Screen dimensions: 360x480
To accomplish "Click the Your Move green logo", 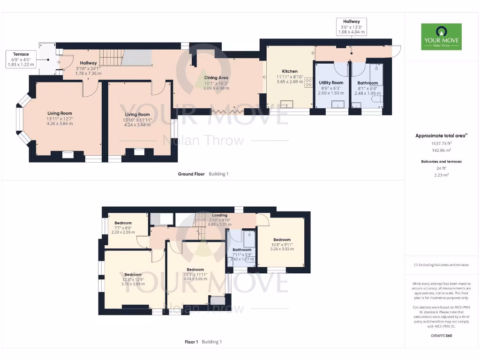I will tap(441, 37).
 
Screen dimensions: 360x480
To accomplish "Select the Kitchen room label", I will tap(290, 71).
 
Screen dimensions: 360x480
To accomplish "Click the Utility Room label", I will tap(331, 83).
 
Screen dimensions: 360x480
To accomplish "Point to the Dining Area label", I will tap(216, 78).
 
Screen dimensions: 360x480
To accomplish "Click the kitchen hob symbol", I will tap(309, 82).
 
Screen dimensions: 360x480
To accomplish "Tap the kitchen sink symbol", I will tap(286, 104).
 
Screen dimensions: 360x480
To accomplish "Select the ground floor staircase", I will tap(111, 58).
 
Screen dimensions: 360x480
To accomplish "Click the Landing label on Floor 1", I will tap(220, 215).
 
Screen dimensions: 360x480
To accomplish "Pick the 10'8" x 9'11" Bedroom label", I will tap(282, 240).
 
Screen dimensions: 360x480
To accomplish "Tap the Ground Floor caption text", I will tap(191, 174).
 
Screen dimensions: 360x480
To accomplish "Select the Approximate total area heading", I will tap(441, 136).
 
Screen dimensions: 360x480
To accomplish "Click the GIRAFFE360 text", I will tap(441, 336).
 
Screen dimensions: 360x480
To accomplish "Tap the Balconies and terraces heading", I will tap(441, 161).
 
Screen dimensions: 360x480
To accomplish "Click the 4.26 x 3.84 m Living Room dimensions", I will tap(60, 124).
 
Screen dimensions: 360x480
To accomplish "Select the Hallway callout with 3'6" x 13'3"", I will tap(351, 27).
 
